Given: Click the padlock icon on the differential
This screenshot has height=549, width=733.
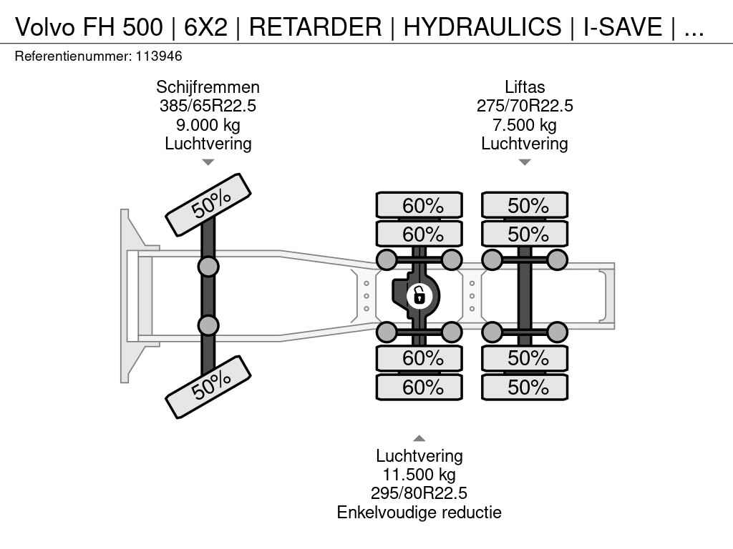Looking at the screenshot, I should [x=419, y=295].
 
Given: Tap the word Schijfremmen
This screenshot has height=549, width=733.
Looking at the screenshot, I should [x=208, y=87].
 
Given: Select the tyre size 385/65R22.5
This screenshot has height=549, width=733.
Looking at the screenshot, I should [x=208, y=106].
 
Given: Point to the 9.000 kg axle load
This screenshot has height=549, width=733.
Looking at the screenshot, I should [x=208, y=125].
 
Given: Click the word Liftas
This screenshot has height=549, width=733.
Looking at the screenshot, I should [x=525, y=87].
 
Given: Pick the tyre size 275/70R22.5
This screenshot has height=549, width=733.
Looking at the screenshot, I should [x=525, y=106].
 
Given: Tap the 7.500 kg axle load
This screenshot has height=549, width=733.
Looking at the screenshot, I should [x=525, y=125].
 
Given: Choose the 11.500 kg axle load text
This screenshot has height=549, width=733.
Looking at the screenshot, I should [x=419, y=475].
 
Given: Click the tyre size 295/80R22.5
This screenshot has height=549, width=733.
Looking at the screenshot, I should [x=419, y=493].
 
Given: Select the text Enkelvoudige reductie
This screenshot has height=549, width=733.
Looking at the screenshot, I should [x=419, y=512].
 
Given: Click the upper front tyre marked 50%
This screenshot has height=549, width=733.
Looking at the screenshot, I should [x=208, y=204].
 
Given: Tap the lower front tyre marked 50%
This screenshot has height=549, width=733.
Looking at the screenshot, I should [x=208, y=387].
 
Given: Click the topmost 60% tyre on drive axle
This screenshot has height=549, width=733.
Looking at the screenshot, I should [x=420, y=206].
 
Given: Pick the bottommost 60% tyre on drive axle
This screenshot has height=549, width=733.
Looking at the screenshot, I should [x=420, y=387].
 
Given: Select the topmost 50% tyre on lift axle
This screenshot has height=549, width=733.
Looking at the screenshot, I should [x=525, y=206].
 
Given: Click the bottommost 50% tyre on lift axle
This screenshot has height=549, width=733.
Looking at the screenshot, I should [x=525, y=387].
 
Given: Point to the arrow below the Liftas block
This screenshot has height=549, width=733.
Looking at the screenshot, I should [x=525, y=162].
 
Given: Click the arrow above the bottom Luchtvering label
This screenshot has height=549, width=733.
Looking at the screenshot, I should [x=419, y=438].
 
